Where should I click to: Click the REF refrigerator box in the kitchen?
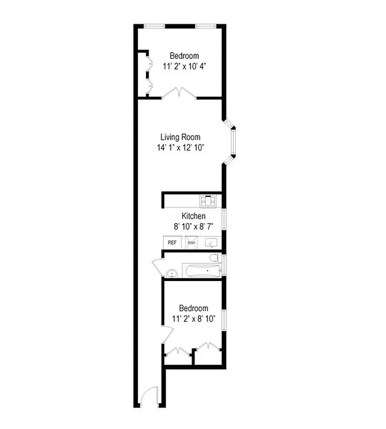172,242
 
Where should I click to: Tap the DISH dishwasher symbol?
191,242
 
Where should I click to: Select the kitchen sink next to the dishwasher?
213,242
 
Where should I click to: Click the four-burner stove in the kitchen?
208,202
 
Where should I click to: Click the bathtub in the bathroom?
199,270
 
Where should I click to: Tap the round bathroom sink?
172,273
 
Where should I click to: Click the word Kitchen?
193,216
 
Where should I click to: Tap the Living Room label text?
180,137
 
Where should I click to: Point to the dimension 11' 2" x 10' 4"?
184,66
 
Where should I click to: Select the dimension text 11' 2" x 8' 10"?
194,319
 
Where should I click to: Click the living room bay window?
233,143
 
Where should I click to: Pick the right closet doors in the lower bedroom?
208,347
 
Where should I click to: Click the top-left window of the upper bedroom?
154,25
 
